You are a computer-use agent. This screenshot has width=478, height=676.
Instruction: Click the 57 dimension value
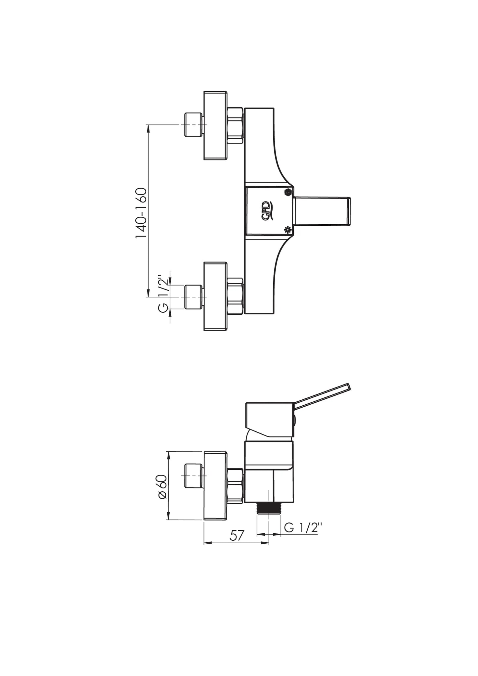[237, 535]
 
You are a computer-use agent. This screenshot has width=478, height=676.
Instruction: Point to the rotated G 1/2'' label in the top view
[163, 293]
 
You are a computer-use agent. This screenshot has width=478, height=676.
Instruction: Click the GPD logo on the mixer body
[270, 210]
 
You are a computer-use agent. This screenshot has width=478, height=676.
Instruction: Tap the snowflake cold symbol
[287, 229]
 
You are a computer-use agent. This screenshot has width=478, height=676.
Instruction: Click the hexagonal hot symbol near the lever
[288, 192]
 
